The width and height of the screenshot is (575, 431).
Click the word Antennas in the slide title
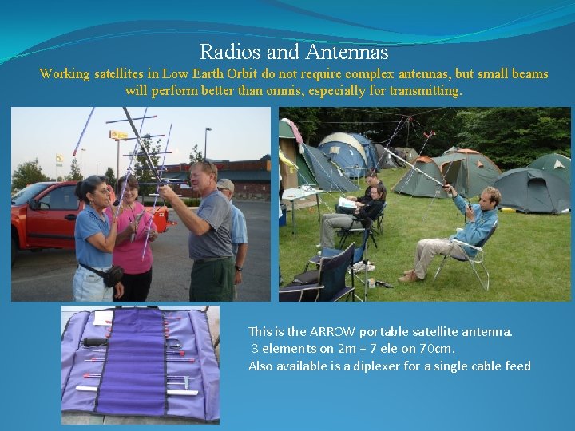click(351, 53)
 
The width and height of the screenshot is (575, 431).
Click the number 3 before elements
click(255, 348)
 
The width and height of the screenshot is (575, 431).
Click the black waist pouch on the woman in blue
click(112, 275)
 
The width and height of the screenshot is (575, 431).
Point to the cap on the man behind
click(226, 184)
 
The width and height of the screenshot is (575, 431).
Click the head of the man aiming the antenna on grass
click(489, 196)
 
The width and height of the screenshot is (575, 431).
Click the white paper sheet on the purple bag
click(102, 318)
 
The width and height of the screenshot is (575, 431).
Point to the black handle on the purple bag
click(95, 342)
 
